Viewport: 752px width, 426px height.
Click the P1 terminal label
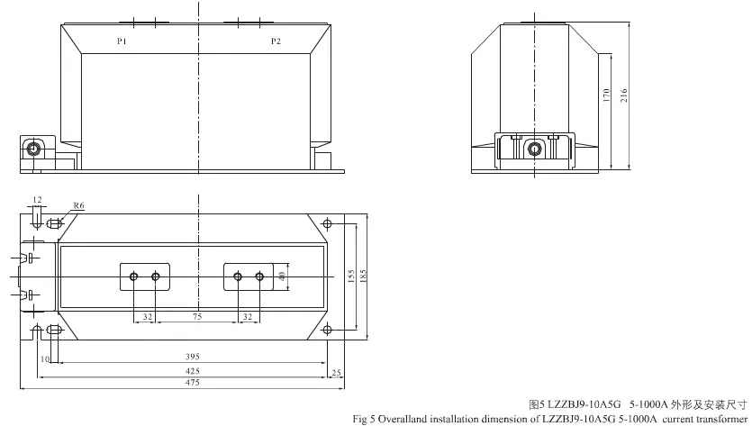point(122,41)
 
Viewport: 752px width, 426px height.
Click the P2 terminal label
point(276,41)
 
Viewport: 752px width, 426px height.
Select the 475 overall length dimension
point(193,383)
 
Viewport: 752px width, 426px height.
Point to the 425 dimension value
point(193,371)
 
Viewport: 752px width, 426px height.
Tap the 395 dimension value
point(193,357)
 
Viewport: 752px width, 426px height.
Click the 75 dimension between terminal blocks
point(197,317)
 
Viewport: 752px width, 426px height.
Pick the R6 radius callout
point(78,205)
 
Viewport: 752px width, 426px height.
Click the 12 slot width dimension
point(38,200)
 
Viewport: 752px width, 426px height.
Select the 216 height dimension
point(624,95)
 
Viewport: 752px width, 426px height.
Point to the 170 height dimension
point(606,95)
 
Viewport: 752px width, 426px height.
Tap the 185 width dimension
point(363,276)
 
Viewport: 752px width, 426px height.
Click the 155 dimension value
point(351,276)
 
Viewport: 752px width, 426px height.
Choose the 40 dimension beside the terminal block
point(282,276)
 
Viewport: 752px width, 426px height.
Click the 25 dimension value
point(336,373)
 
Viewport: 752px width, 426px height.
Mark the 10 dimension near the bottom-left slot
point(45,359)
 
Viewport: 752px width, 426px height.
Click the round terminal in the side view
point(534,150)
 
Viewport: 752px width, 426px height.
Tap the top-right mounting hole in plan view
point(327,223)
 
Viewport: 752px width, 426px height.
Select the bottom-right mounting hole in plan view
point(327,330)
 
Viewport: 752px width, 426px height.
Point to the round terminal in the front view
point(33,149)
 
